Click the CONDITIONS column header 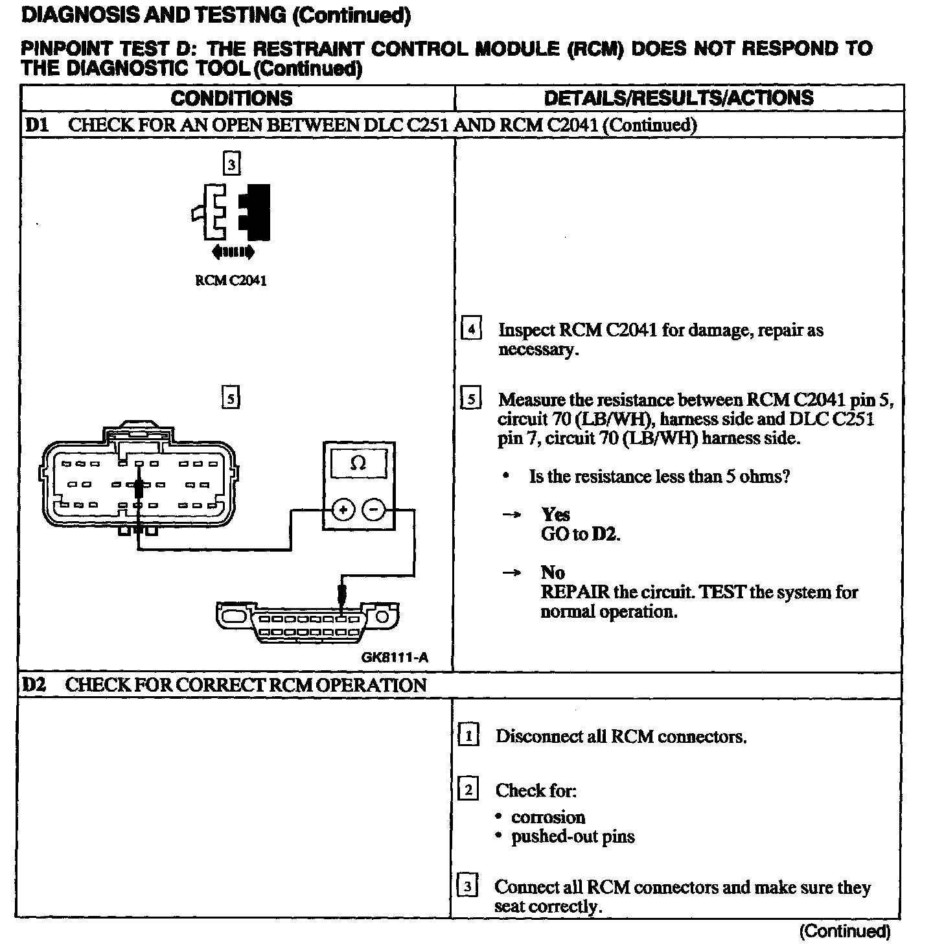(x=231, y=99)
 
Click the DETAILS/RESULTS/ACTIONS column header (x=678, y=98)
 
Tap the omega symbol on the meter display (x=358, y=463)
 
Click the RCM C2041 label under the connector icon (x=231, y=281)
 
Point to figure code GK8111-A (x=395, y=657)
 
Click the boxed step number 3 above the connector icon (x=231, y=165)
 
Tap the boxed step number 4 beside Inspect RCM (x=471, y=330)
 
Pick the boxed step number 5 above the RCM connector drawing (x=231, y=397)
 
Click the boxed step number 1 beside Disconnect (x=468, y=736)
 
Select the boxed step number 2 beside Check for (x=468, y=790)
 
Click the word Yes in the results (x=555, y=515)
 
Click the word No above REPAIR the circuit (x=553, y=572)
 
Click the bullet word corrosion (x=548, y=817)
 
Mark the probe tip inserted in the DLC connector (x=341, y=595)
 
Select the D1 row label (x=37, y=124)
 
